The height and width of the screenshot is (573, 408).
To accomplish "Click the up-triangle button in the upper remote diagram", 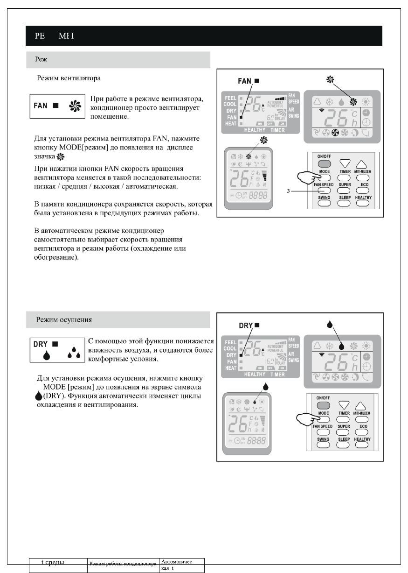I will click(364, 164).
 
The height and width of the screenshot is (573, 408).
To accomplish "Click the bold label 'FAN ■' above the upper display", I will click(248, 81).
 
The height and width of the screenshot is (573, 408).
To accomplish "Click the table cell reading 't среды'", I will click(53, 562).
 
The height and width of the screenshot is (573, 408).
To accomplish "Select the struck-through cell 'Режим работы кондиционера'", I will click(123, 564).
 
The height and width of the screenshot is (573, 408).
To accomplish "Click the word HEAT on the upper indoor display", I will click(230, 124).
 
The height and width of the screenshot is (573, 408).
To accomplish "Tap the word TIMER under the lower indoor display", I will click(277, 374).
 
